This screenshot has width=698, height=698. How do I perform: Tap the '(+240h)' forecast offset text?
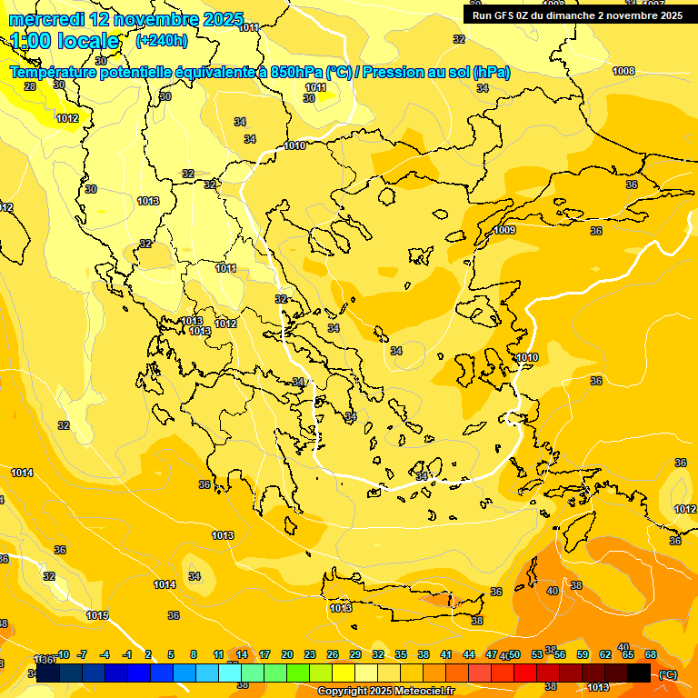161,40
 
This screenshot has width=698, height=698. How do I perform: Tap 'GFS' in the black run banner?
505,15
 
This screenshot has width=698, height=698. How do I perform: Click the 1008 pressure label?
623,71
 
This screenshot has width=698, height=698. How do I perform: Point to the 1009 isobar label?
505,231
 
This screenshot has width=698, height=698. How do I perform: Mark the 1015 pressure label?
97,616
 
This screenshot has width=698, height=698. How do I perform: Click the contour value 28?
30,86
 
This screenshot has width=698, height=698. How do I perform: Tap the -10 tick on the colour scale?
64,654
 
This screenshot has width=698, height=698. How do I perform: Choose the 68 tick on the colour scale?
651,654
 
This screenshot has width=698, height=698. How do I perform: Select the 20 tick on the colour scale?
287,654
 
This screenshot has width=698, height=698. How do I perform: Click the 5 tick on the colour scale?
171,654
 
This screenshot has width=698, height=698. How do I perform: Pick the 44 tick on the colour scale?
469,654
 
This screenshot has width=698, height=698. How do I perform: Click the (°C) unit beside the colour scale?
668,674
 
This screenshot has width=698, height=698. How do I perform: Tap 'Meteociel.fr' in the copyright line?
424,692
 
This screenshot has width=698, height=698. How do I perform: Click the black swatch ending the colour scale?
639,673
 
